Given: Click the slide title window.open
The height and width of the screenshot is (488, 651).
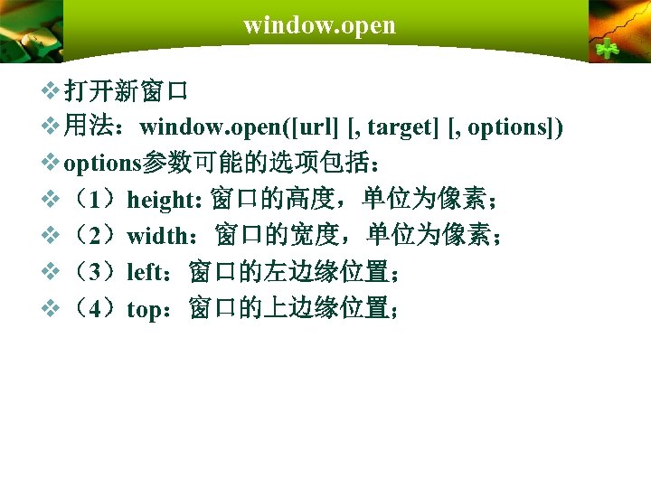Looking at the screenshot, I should (319, 25).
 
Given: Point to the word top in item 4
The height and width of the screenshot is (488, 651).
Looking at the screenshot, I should (143, 309).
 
